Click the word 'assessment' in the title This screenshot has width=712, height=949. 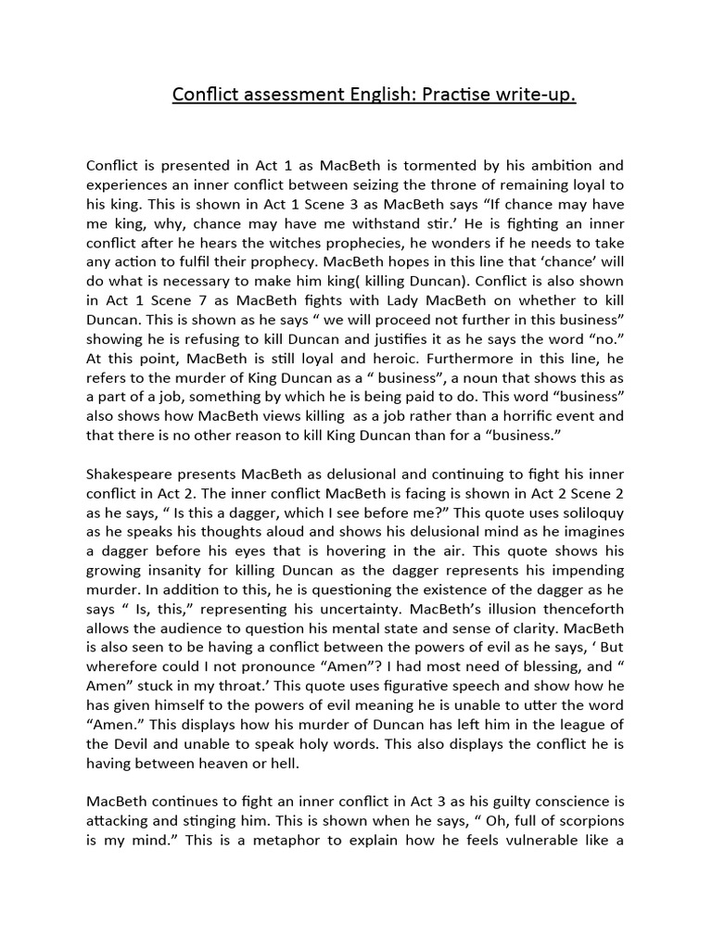(x=288, y=95)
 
